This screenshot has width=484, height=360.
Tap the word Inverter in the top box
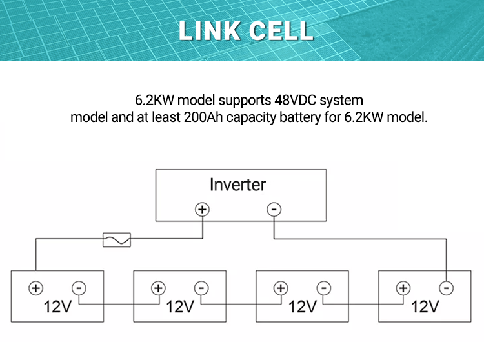(x=237, y=185)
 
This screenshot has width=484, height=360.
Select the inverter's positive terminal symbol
(x=203, y=209)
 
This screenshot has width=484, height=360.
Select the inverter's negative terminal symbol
(x=274, y=209)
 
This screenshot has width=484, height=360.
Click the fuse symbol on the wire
(x=117, y=240)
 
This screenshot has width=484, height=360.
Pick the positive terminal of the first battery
(x=35, y=288)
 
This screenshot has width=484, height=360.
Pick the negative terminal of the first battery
(x=79, y=288)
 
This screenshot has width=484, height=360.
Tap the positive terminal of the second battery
(x=157, y=288)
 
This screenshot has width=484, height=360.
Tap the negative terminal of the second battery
(x=201, y=288)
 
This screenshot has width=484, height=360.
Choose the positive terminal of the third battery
(x=280, y=288)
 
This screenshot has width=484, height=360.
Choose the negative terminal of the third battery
(x=324, y=288)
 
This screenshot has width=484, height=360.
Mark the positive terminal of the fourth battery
(x=403, y=288)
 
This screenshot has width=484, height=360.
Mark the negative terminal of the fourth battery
(x=446, y=288)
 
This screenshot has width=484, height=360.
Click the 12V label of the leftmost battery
(x=57, y=306)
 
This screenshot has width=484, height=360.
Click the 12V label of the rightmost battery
(x=425, y=306)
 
